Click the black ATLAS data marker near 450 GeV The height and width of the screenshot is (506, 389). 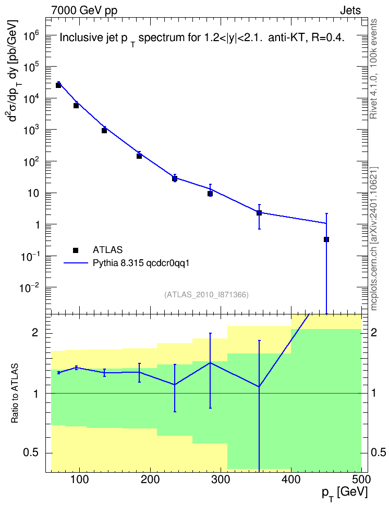click(x=326, y=239)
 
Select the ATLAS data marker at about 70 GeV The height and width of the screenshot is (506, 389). click(x=58, y=85)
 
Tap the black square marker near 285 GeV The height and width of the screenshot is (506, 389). click(x=210, y=194)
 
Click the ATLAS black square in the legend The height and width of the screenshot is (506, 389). click(x=76, y=250)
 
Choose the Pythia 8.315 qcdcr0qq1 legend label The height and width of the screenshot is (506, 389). click(x=141, y=263)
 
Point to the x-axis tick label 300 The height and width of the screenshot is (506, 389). click(x=221, y=479)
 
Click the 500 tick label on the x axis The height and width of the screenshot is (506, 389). click(x=361, y=479)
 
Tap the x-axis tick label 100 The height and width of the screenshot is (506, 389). click(x=80, y=479)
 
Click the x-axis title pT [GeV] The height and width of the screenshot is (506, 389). click(x=345, y=494)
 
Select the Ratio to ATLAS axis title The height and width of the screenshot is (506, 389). click(x=15, y=393)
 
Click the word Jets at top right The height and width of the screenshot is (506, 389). click(x=350, y=10)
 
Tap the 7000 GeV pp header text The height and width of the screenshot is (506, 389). click(x=84, y=10)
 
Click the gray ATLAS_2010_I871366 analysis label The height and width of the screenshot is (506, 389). click(x=206, y=295)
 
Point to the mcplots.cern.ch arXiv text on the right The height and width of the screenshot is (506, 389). click(x=374, y=238)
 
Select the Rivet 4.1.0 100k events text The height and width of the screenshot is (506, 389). click(x=374, y=69)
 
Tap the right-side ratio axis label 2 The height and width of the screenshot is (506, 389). click(x=374, y=332)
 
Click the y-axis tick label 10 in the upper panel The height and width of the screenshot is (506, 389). click(x=34, y=193)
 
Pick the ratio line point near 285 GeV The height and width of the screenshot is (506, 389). click(x=210, y=363)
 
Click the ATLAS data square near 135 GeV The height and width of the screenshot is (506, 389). click(x=104, y=130)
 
